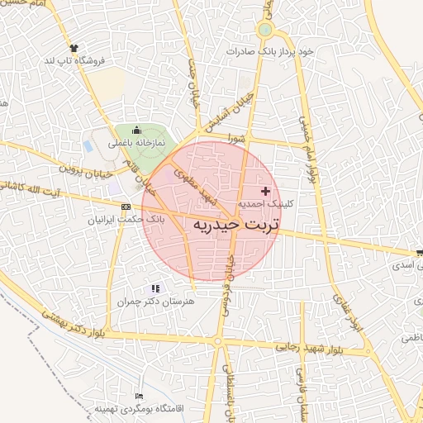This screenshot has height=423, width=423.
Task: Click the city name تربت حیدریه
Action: [x=236, y=224]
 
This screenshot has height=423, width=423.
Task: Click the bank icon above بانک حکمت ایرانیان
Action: [x=126, y=207]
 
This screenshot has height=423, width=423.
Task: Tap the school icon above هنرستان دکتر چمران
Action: [x=155, y=288]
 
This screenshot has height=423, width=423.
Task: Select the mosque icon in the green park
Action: [x=137, y=130]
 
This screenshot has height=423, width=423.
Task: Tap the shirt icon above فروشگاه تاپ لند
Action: [x=75, y=48]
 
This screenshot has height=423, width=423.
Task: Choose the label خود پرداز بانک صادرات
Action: [x=272, y=51]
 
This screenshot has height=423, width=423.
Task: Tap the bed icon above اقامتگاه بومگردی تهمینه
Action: [x=138, y=397]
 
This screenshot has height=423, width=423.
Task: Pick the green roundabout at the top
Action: [x=265, y=31]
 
